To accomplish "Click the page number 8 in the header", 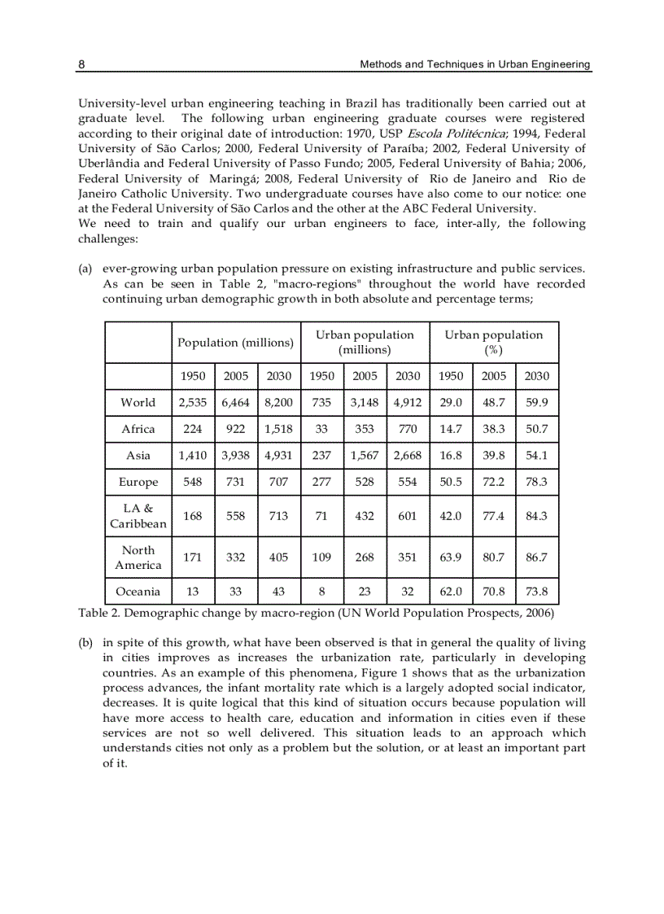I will pos(81,64).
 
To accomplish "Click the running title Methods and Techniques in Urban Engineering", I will pos(474,64).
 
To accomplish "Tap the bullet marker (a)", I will pos(85,269).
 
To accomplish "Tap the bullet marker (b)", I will pos(85,642).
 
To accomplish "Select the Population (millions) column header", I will pos(235,343).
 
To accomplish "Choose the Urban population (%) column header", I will pos(493,343).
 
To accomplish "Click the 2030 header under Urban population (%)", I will pos(536,376).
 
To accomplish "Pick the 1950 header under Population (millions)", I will pos(193,376).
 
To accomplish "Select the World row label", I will pos(138,403).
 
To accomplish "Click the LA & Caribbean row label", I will pos(138,516).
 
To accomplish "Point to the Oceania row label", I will pos(138,592).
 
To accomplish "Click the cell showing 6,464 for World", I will pos(235,403).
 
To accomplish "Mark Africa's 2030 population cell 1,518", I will pos(278,430).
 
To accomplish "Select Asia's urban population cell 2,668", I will pos(408,456).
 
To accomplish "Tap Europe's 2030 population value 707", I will pos(278,482).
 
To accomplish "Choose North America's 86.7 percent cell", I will pos(536,558).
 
